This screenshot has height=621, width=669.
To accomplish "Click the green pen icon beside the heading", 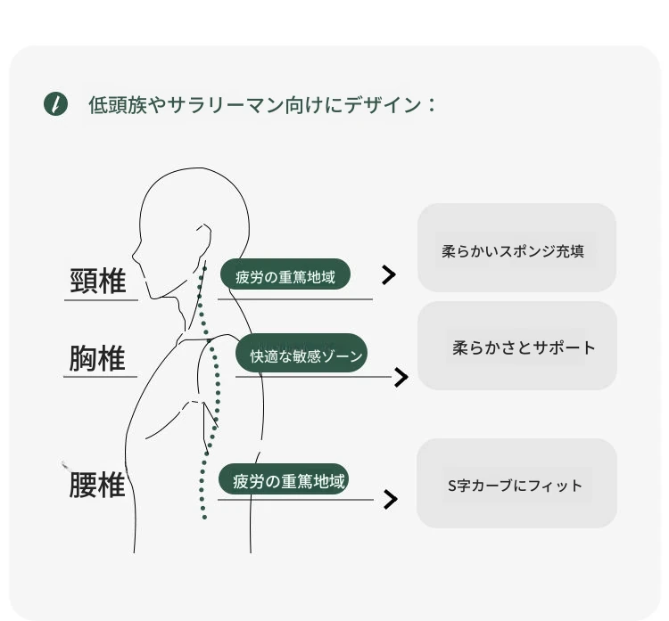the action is tap(55, 103).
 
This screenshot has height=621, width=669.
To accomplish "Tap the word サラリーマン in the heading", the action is tap(226, 105).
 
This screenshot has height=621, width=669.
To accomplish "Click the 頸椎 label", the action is tap(98, 281).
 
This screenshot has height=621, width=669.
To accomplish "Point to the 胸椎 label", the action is tap(97, 358).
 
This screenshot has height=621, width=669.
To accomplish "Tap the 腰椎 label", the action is tap(97, 485).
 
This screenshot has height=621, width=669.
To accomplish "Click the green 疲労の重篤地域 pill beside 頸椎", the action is tap(285, 274).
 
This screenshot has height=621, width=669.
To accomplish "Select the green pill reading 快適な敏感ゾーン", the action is tap(301, 353).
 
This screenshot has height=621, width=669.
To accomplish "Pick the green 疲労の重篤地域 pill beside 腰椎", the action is tap(284, 479).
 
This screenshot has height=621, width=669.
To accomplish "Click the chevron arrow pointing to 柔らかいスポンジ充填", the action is tap(389, 275).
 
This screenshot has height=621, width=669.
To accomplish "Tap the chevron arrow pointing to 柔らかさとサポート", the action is tap(401, 377).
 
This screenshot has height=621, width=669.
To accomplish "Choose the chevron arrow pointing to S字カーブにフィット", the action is tap(391, 500).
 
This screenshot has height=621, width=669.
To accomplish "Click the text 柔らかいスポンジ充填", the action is tap(513, 251).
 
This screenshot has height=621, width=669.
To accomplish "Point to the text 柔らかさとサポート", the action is tap(524, 347).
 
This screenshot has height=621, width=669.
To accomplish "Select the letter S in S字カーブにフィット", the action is tap(452, 486).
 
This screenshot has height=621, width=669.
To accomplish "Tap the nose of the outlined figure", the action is tap(136, 256).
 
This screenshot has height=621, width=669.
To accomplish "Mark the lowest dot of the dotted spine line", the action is tap(204, 518).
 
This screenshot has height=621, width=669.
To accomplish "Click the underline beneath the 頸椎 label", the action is tap(101, 300).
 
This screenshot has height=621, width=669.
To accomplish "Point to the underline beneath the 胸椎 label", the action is tap(100, 377).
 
